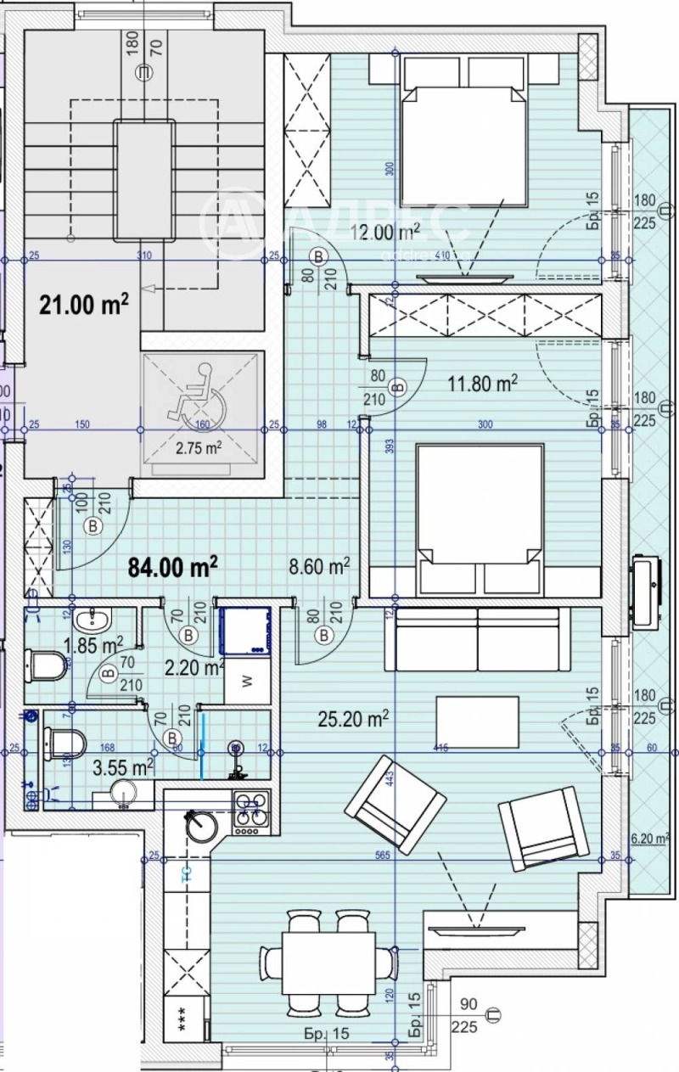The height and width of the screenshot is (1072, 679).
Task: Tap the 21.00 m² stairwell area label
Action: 83,304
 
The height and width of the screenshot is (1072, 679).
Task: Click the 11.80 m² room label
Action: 482,384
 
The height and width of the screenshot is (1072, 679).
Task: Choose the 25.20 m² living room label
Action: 354,720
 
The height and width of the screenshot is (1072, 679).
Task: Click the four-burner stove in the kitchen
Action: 250,812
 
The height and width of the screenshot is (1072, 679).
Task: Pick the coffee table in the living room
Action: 477,721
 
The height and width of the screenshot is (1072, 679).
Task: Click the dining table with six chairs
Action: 328,963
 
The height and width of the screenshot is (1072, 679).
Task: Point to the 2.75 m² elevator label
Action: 198,446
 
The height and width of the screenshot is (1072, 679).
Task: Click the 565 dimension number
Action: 382,856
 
